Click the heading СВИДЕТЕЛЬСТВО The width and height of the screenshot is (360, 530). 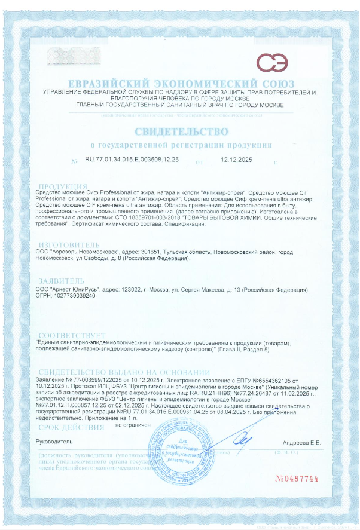click(181, 131)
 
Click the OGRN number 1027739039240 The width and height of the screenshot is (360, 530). click(74, 296)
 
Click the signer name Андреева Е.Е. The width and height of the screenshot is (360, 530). click(301, 442)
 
